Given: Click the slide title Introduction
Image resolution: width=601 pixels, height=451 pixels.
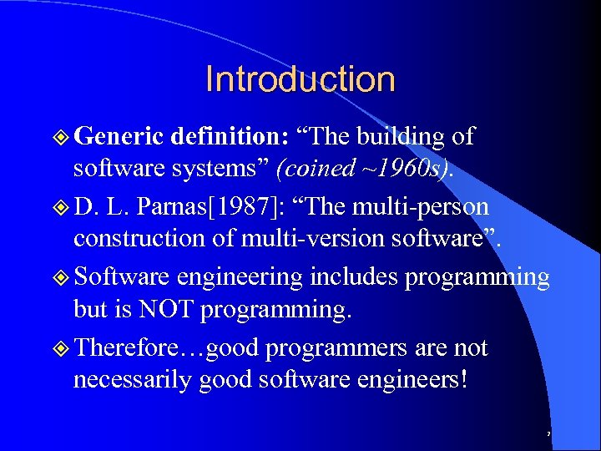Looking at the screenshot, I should click(x=300, y=79).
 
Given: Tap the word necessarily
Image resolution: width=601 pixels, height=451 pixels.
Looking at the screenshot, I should click(x=134, y=380).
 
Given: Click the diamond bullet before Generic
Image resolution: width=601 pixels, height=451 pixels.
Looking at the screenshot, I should click(x=60, y=136).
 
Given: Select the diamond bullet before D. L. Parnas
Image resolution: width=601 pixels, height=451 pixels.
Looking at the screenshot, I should click(x=60, y=206).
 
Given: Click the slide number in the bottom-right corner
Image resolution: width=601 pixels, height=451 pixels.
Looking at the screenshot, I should click(x=548, y=434).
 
